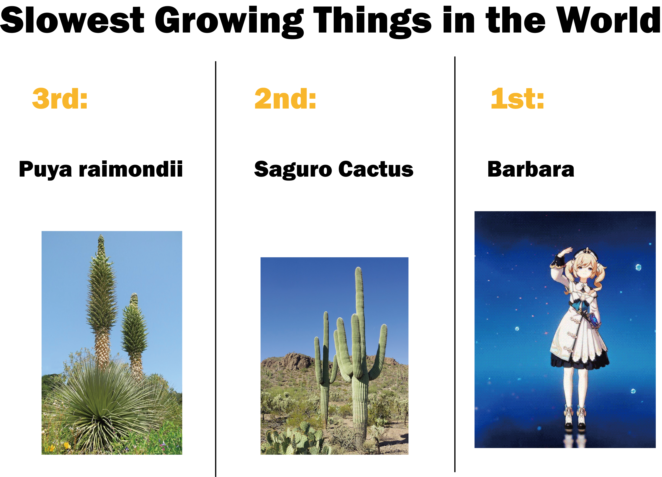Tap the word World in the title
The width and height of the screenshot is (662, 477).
pyautogui.click(x=609, y=19)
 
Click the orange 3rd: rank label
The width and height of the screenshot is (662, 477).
pyautogui.click(x=60, y=99)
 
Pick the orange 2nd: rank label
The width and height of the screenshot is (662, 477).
pyautogui.click(x=285, y=99)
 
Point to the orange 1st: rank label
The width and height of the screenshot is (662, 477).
pyautogui.click(x=517, y=99)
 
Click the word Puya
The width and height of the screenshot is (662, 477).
pyautogui.click(x=45, y=170)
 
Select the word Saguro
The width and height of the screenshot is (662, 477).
pyautogui.click(x=293, y=170)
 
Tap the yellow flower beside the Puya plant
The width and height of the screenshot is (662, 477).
pyautogui.click(x=67, y=446)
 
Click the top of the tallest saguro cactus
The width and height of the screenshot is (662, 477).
pyautogui.click(x=358, y=268)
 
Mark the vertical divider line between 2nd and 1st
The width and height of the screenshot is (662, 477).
pyautogui.click(x=455, y=264)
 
